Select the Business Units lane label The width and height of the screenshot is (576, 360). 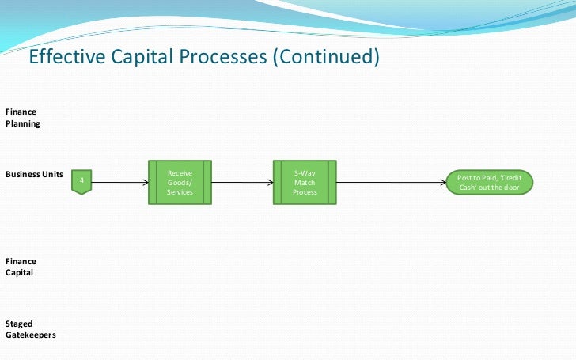(x=35, y=173)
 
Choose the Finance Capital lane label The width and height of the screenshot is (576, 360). (x=21, y=267)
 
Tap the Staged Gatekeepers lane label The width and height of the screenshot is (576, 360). (x=30, y=329)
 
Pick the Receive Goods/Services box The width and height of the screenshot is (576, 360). (x=180, y=182)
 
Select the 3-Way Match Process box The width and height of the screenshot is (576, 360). (x=305, y=182)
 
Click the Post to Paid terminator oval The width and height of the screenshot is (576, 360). (x=489, y=183)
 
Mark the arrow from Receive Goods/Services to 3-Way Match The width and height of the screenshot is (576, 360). (x=243, y=182)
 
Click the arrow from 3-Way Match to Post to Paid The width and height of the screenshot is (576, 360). (x=391, y=182)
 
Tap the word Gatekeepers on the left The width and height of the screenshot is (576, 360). (x=30, y=335)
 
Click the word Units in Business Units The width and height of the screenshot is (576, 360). (x=52, y=173)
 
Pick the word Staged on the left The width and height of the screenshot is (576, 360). (x=19, y=324)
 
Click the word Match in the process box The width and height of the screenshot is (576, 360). (x=305, y=182)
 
